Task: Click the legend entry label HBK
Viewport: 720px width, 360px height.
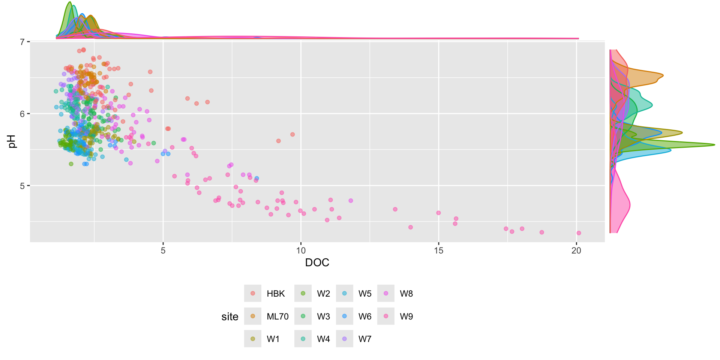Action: pyautogui.click(x=276, y=294)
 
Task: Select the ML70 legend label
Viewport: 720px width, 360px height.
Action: pyautogui.click(x=277, y=316)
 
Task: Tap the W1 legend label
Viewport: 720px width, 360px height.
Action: pyautogui.click(x=273, y=339)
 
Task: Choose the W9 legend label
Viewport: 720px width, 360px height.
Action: pyautogui.click(x=406, y=316)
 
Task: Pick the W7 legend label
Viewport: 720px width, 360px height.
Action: pyautogui.click(x=364, y=339)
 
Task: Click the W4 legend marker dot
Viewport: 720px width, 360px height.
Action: pyautogui.click(x=303, y=339)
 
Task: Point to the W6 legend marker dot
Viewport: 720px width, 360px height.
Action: pyautogui.click(x=345, y=316)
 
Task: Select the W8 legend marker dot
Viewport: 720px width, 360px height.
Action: pyautogui.click(x=386, y=293)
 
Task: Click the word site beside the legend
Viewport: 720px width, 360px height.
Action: pyautogui.click(x=230, y=317)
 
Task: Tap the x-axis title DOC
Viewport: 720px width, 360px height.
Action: pyautogui.click(x=317, y=262)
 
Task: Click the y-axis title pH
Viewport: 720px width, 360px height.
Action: pyautogui.click(x=12, y=142)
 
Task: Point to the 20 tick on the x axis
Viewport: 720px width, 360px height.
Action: pyautogui.click(x=576, y=250)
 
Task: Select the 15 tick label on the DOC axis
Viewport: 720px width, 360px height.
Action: pyautogui.click(x=438, y=250)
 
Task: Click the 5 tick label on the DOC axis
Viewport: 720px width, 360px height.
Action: pyautogui.click(x=163, y=250)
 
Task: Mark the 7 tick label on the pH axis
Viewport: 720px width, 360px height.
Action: pyautogui.click(x=22, y=42)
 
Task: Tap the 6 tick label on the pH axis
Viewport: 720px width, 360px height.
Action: pyautogui.click(x=22, y=114)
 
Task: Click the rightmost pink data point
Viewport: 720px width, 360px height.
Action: pyautogui.click(x=579, y=233)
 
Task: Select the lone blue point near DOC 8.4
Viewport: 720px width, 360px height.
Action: pyautogui.click(x=256, y=178)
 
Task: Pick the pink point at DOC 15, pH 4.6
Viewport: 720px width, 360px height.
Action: pyautogui.click(x=438, y=213)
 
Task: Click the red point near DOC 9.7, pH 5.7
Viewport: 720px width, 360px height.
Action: pyautogui.click(x=292, y=134)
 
